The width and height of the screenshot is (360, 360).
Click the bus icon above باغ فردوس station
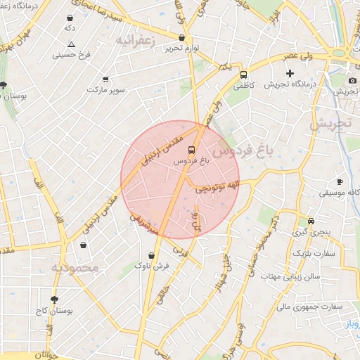click(x=191, y=150)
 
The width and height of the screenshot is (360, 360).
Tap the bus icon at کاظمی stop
click(x=243, y=75)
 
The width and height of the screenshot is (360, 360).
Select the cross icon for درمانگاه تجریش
click(x=289, y=73)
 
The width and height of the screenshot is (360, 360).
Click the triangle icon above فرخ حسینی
click(x=71, y=44)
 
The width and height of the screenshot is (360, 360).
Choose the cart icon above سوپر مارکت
click(x=105, y=79)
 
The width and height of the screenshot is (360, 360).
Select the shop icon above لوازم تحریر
click(x=182, y=38)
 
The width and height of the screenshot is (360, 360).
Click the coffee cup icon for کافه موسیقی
click(x=340, y=181)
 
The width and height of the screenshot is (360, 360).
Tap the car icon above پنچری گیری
click(x=302, y=220)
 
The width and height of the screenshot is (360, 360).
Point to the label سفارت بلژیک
click(x=315, y=252)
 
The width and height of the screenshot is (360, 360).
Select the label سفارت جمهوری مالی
click(x=309, y=307)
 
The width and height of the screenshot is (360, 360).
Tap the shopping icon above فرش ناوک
click(x=153, y=256)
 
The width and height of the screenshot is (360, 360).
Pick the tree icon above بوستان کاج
click(x=53, y=300)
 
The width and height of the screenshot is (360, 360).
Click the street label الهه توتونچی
click(x=217, y=186)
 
